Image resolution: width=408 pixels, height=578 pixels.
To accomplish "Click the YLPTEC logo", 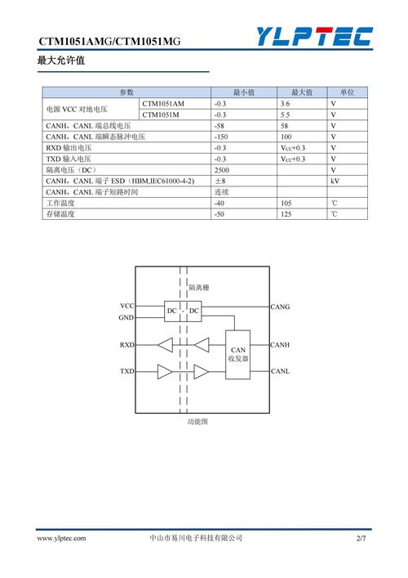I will point(314,36).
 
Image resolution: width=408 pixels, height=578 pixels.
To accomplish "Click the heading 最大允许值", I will point(61,60).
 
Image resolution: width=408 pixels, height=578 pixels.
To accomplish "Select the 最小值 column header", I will point(244,92).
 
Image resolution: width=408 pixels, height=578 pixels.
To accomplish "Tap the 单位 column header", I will point(347,92).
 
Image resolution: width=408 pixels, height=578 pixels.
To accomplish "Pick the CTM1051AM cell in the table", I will point(163,104).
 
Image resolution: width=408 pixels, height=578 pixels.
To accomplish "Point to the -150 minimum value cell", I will point(220,137).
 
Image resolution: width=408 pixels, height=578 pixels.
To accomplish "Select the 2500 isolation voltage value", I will point(222,169).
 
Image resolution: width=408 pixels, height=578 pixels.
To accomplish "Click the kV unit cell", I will point(335,181).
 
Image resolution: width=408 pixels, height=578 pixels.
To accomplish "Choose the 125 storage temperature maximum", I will point(286,213).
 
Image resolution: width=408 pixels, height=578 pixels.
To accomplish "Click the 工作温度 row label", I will point(60,203).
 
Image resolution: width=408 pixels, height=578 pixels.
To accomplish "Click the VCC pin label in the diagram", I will point(126,306).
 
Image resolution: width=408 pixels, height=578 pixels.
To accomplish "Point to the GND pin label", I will point(126,317).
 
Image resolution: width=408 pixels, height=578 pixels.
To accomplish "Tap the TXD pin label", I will point(126,371).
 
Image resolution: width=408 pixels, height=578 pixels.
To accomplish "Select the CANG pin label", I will point(280,307).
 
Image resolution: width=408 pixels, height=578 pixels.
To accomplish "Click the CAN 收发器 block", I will point(238,354).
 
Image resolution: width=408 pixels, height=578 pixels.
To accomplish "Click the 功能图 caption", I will point(199,422).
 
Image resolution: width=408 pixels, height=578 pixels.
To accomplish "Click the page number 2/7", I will point(361,539).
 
